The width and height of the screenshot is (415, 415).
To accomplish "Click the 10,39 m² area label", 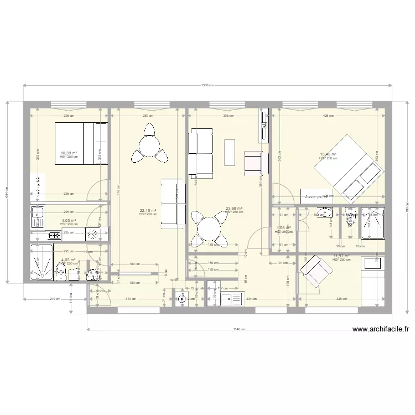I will (x=69, y=153).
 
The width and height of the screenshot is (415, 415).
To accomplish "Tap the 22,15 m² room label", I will (x=148, y=210).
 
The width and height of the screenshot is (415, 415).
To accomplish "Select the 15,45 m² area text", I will (x=328, y=155).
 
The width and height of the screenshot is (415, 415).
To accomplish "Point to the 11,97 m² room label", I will (x=341, y=256).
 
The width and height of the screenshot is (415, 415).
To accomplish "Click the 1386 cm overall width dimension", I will (x=207, y=85).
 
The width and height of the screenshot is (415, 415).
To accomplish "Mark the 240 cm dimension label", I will (x=55, y=299).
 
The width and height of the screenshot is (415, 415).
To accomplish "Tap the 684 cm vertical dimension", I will (x=7, y=192).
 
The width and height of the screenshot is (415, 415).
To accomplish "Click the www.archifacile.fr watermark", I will (x=381, y=330).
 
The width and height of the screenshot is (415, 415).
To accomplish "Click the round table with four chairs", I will (x=207, y=227).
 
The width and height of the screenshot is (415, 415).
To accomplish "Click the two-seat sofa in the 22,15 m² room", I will (x=173, y=202).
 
